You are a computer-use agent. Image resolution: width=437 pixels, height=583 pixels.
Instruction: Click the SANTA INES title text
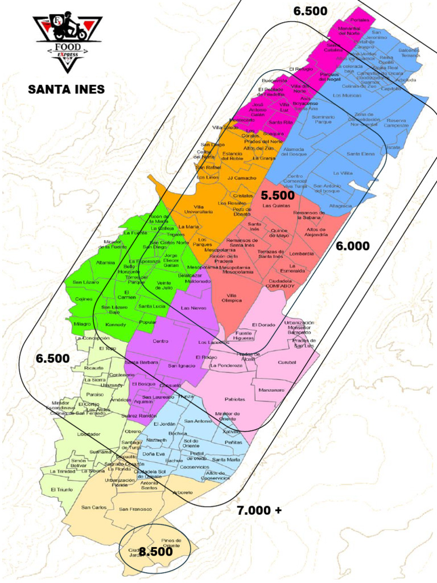(67, 89)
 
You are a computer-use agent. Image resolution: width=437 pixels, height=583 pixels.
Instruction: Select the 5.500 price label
(278, 195)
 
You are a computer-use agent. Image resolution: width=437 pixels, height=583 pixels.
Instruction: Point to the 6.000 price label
(352, 246)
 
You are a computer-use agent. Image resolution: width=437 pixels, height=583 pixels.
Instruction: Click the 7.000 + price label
(259, 510)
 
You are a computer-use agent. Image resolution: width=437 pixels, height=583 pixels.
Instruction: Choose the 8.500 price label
(155, 552)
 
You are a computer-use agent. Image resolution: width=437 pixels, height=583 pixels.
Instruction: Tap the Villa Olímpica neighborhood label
(230, 298)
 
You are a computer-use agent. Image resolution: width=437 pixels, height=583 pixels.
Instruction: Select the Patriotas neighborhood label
(234, 399)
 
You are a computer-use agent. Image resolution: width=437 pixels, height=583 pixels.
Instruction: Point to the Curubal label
(287, 363)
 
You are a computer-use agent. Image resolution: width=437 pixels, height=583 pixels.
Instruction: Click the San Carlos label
(94, 507)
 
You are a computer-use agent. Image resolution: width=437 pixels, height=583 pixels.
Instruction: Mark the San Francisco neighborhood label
(135, 509)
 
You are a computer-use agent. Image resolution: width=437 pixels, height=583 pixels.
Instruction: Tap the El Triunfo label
(61, 490)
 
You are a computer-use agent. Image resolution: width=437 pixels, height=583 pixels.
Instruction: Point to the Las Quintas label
(276, 206)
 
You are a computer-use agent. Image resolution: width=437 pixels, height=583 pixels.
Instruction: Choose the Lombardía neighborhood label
(302, 253)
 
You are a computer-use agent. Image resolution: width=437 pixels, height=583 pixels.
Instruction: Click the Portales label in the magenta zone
(360, 20)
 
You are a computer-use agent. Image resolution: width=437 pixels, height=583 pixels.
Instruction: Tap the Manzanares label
(271, 390)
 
